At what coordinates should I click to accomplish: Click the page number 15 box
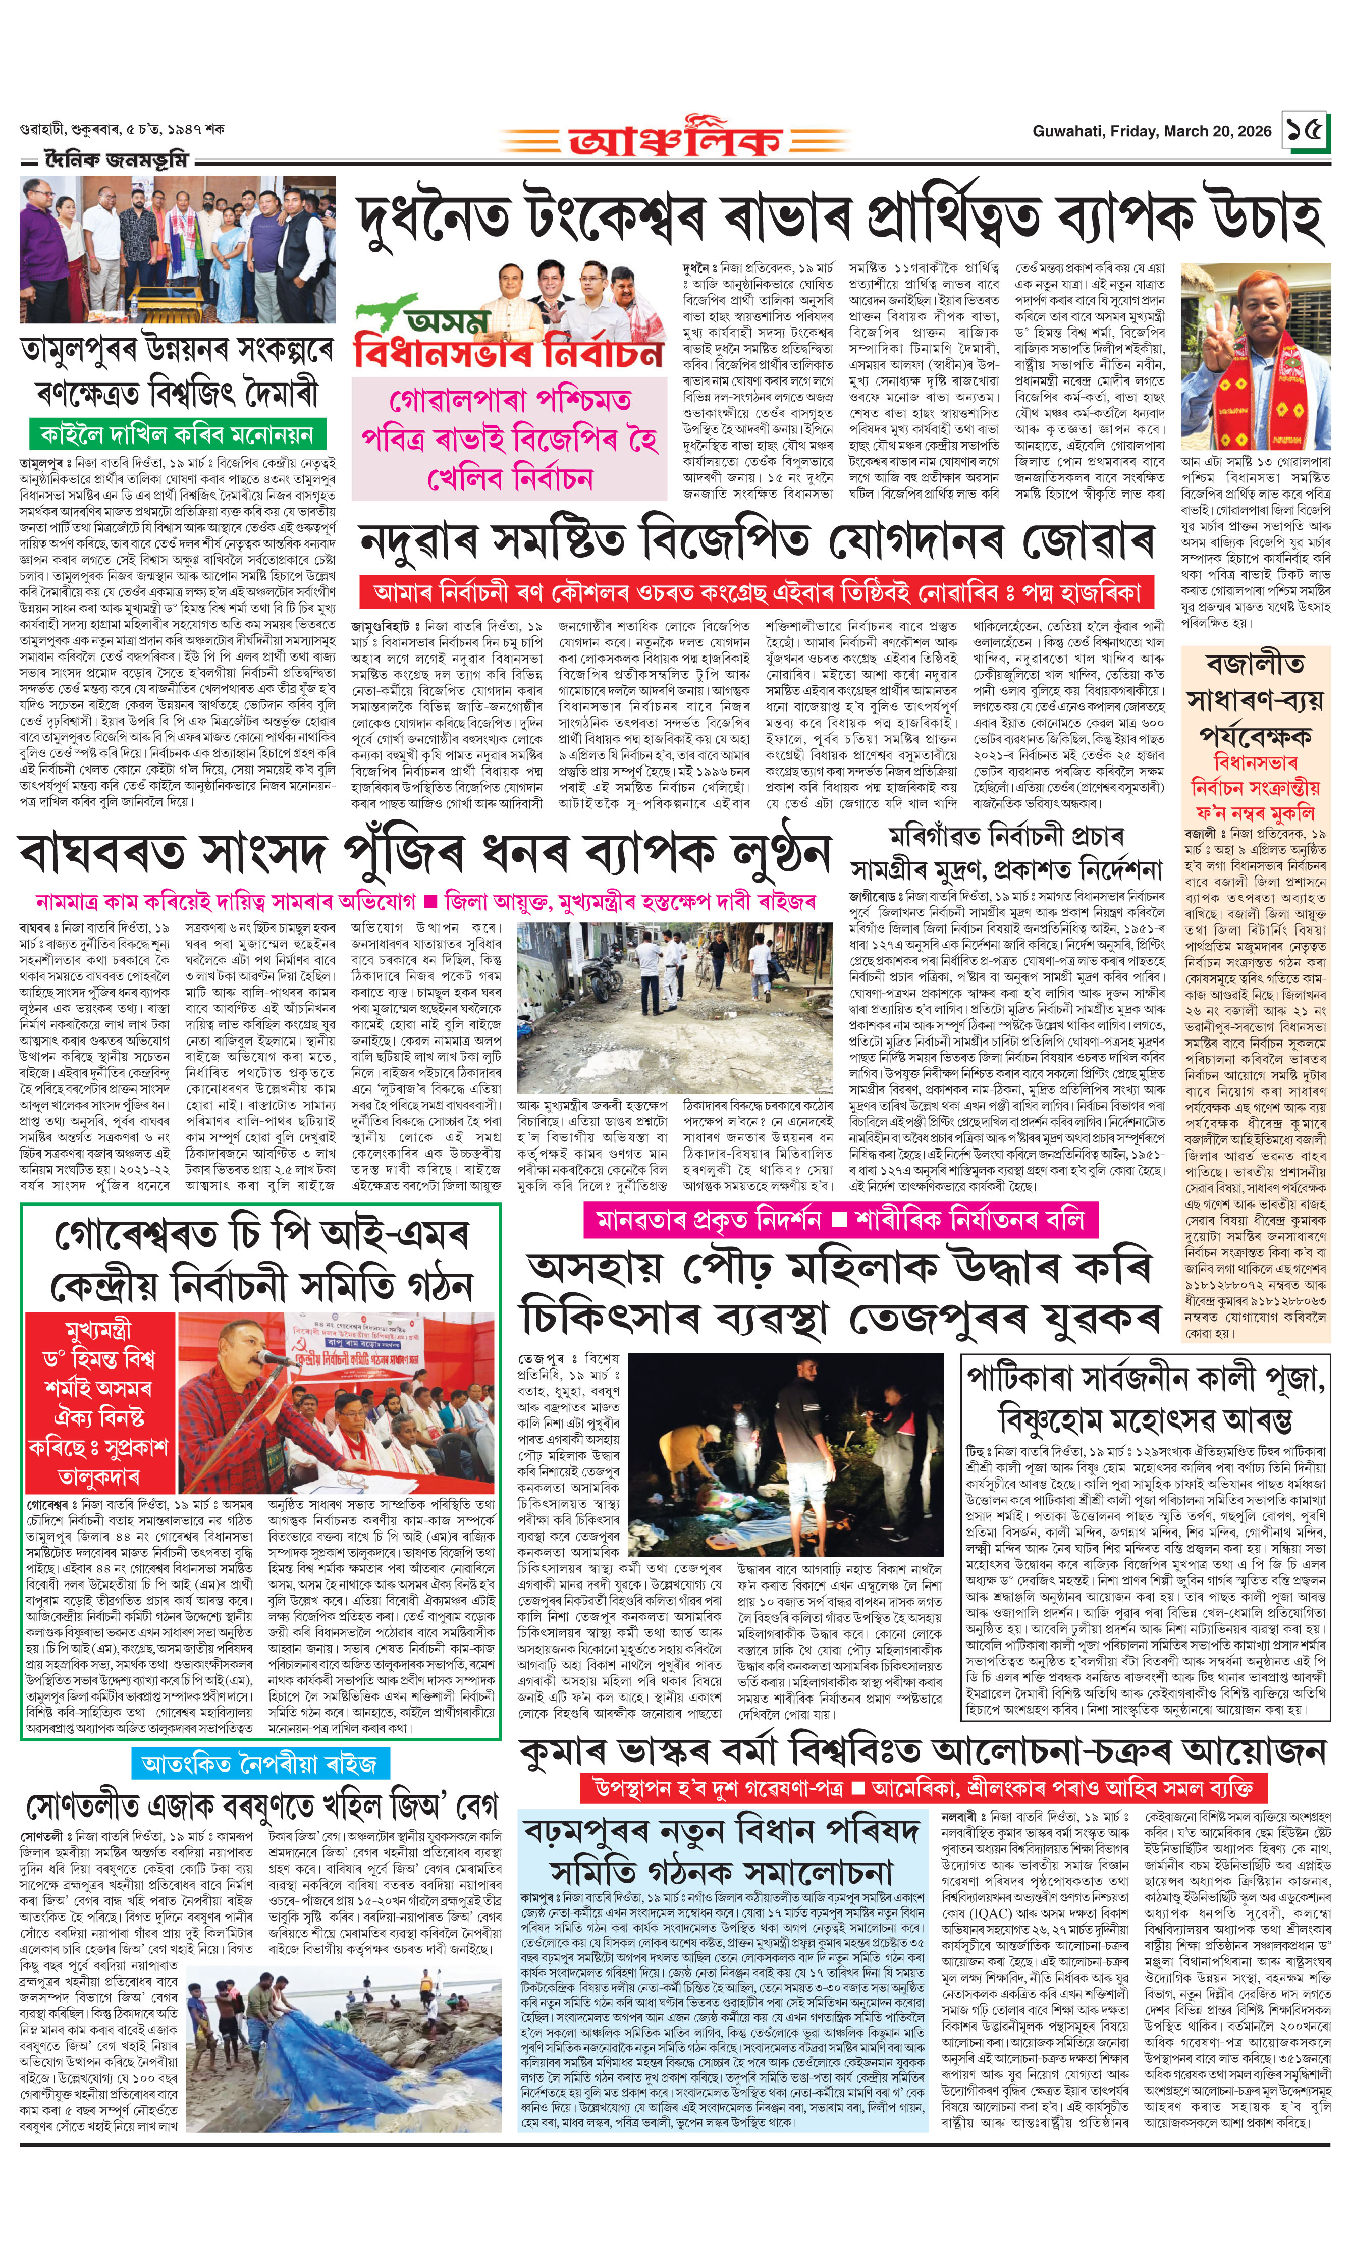click(1305, 130)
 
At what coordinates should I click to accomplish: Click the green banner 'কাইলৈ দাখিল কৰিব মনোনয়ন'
click(177, 434)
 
